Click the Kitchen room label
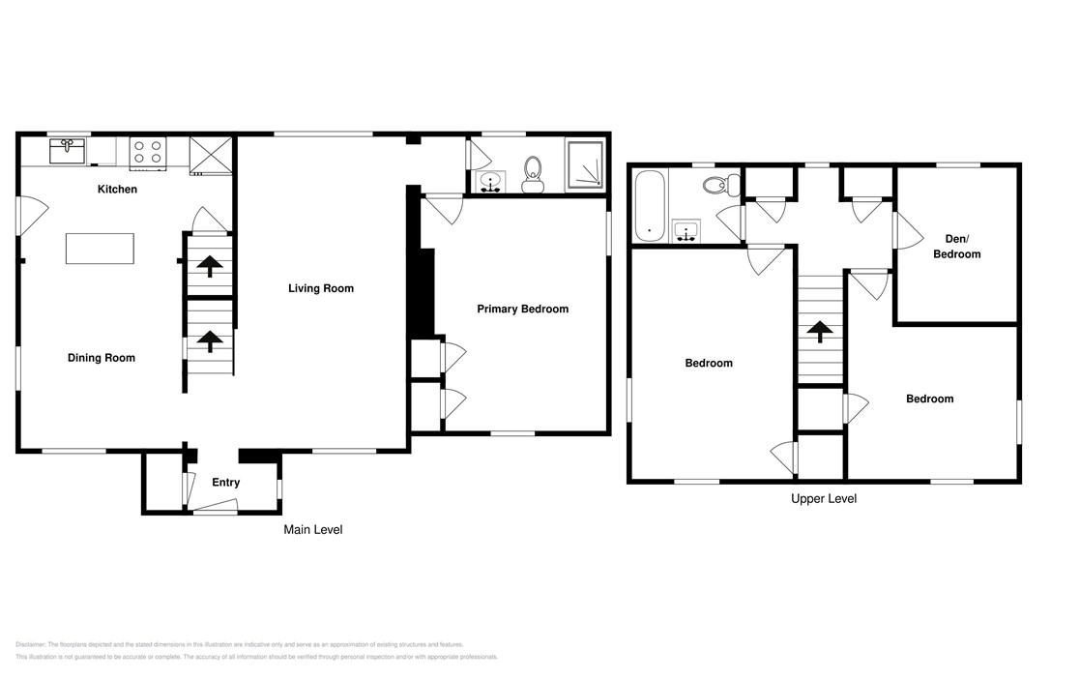pos(117,190)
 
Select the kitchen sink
pos(68,151)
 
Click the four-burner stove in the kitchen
pos(148,152)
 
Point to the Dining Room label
pos(102,358)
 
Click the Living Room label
pos(321,288)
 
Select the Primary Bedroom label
pos(522,310)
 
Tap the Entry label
pos(225,483)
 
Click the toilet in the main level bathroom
pos(532,174)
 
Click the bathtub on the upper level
pos(648,205)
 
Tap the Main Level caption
pos(312,530)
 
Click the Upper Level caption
pos(823,499)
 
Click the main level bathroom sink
pos(490,181)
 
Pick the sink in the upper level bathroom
pos(686,230)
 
